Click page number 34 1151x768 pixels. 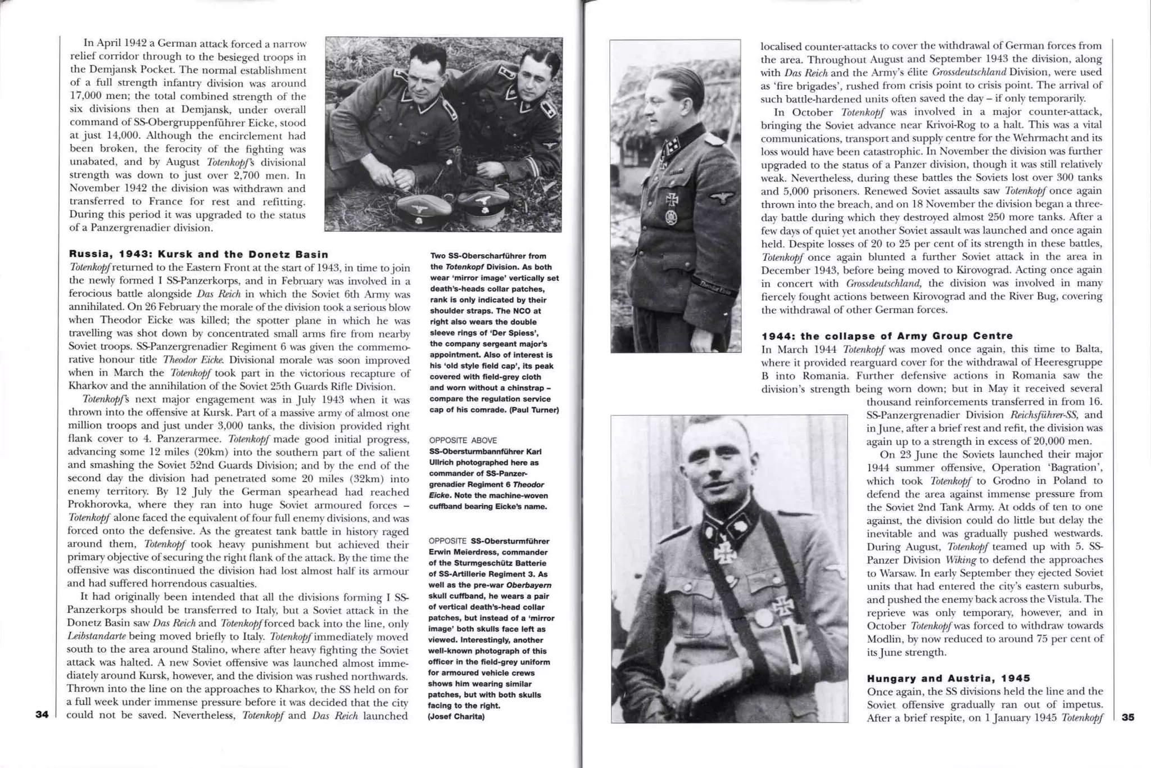[x=42, y=715]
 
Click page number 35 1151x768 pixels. [x=1127, y=717]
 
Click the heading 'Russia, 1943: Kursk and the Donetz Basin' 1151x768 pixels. [x=198, y=254]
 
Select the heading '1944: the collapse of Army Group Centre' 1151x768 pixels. [x=887, y=336]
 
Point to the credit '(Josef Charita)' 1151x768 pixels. [x=456, y=716]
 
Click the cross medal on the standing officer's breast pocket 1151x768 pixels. [x=672, y=200]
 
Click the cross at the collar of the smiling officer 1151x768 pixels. [x=725, y=553]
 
